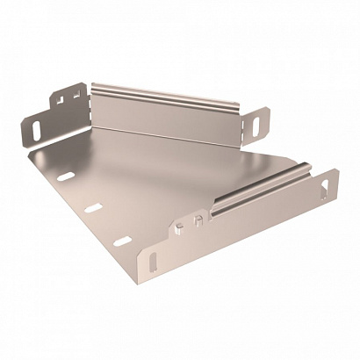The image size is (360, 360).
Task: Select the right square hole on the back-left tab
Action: (x=74, y=92)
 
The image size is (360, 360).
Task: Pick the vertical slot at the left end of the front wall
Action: (x=155, y=261)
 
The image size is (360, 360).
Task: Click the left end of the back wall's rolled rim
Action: (x=92, y=87)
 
